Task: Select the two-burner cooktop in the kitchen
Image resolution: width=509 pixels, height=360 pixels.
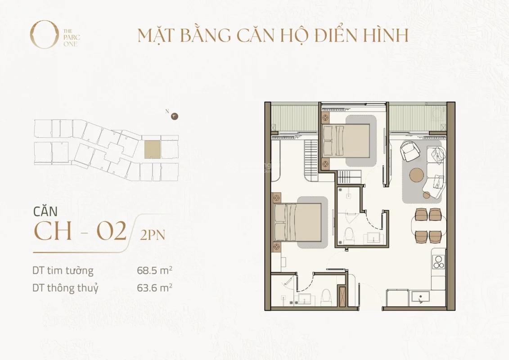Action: [438, 262]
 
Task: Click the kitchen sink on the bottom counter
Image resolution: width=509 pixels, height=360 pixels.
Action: [420, 297]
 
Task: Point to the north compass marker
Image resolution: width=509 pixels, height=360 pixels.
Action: [176, 116]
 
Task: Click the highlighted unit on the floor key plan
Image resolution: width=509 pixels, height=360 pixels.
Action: [153, 150]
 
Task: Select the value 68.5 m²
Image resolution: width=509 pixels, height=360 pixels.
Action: [154, 270]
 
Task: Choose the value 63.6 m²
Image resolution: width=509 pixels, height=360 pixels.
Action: [154, 288]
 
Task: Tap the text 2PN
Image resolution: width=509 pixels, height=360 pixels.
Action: [153, 235]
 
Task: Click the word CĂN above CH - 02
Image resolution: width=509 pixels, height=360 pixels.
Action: [45, 211]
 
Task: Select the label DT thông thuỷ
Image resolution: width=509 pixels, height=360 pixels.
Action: [65, 288]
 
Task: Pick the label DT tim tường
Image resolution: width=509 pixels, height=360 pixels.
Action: [63, 270]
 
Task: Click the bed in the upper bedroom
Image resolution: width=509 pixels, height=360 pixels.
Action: [346, 141]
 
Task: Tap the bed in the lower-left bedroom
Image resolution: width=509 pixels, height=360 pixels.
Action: [297, 222]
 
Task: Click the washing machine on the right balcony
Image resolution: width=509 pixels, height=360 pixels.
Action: [438, 114]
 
